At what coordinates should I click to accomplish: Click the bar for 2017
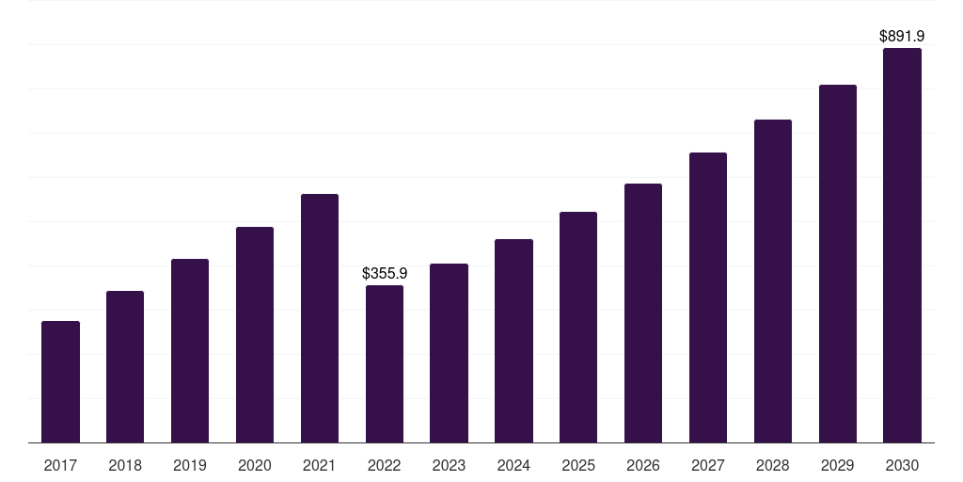tap(60, 381)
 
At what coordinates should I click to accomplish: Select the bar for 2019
tap(190, 350)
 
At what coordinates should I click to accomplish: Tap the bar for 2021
tap(320, 318)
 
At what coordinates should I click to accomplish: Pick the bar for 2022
tap(385, 363)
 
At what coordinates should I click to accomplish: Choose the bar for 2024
tap(513, 341)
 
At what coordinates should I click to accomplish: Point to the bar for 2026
tap(643, 313)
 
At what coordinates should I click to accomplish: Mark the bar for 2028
tap(773, 281)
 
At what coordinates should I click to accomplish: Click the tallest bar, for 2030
tap(902, 245)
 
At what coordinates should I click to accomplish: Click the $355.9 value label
tap(385, 273)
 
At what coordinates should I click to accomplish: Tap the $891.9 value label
tap(902, 36)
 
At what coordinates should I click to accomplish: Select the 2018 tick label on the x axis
tap(125, 465)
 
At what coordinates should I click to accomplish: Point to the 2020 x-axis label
tap(255, 465)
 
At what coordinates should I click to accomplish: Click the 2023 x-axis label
tap(449, 465)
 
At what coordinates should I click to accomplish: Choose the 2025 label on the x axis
tap(578, 465)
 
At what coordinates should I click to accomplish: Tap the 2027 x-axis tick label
tap(708, 465)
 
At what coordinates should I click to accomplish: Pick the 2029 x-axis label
tap(838, 465)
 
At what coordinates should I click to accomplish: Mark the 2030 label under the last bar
tap(902, 465)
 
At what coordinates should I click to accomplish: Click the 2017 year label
tap(60, 465)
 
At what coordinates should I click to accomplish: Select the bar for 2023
tap(449, 353)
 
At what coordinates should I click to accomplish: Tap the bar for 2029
tap(838, 264)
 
